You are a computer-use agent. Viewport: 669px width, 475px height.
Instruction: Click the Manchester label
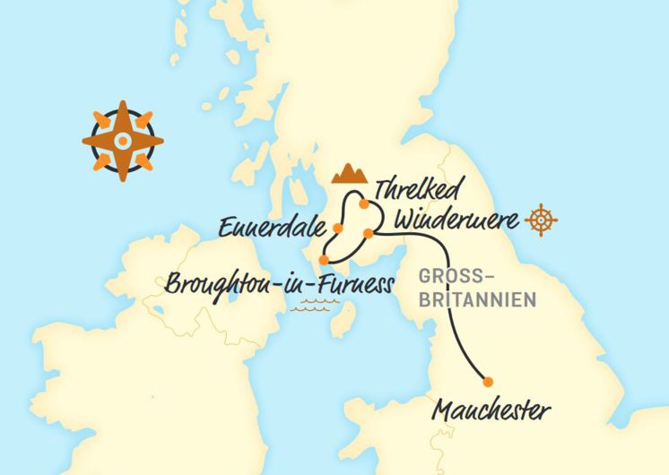[491, 411]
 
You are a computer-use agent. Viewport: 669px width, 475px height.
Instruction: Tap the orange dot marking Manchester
[489, 379]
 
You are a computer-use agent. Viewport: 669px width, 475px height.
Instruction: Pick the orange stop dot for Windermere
[368, 234]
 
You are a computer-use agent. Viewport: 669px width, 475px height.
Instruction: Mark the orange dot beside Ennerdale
[338, 227]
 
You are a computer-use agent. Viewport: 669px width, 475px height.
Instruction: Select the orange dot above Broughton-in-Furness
[324, 261]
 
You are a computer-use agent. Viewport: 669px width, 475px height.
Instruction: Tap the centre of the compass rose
[123, 139]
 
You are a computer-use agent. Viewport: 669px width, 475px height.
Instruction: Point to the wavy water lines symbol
[317, 307]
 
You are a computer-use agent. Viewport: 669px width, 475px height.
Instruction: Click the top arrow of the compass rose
[123, 110]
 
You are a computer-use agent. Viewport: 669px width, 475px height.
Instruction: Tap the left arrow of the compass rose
[92, 139]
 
